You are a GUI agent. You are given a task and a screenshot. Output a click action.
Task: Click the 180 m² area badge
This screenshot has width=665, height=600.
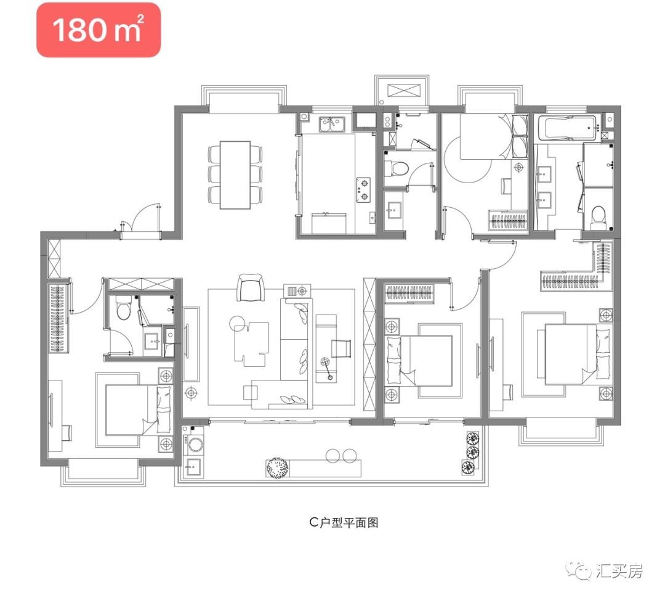tap(99, 30)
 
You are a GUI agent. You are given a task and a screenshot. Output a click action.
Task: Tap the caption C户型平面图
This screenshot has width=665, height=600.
tap(344, 522)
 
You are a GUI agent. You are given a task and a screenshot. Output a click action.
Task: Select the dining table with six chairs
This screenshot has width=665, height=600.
tap(235, 175)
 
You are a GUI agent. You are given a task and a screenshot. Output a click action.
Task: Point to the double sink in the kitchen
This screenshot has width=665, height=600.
tap(332, 124)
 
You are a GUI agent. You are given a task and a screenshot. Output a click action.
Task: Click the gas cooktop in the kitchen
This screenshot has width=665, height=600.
tap(363, 190)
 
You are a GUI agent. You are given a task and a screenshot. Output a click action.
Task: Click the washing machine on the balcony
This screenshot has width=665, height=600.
tap(194, 444)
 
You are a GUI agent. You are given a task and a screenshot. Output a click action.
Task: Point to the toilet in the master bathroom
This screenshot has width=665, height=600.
tap(598, 215)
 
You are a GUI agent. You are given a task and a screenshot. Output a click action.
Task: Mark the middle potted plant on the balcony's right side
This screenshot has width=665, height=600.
tap(472, 452)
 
